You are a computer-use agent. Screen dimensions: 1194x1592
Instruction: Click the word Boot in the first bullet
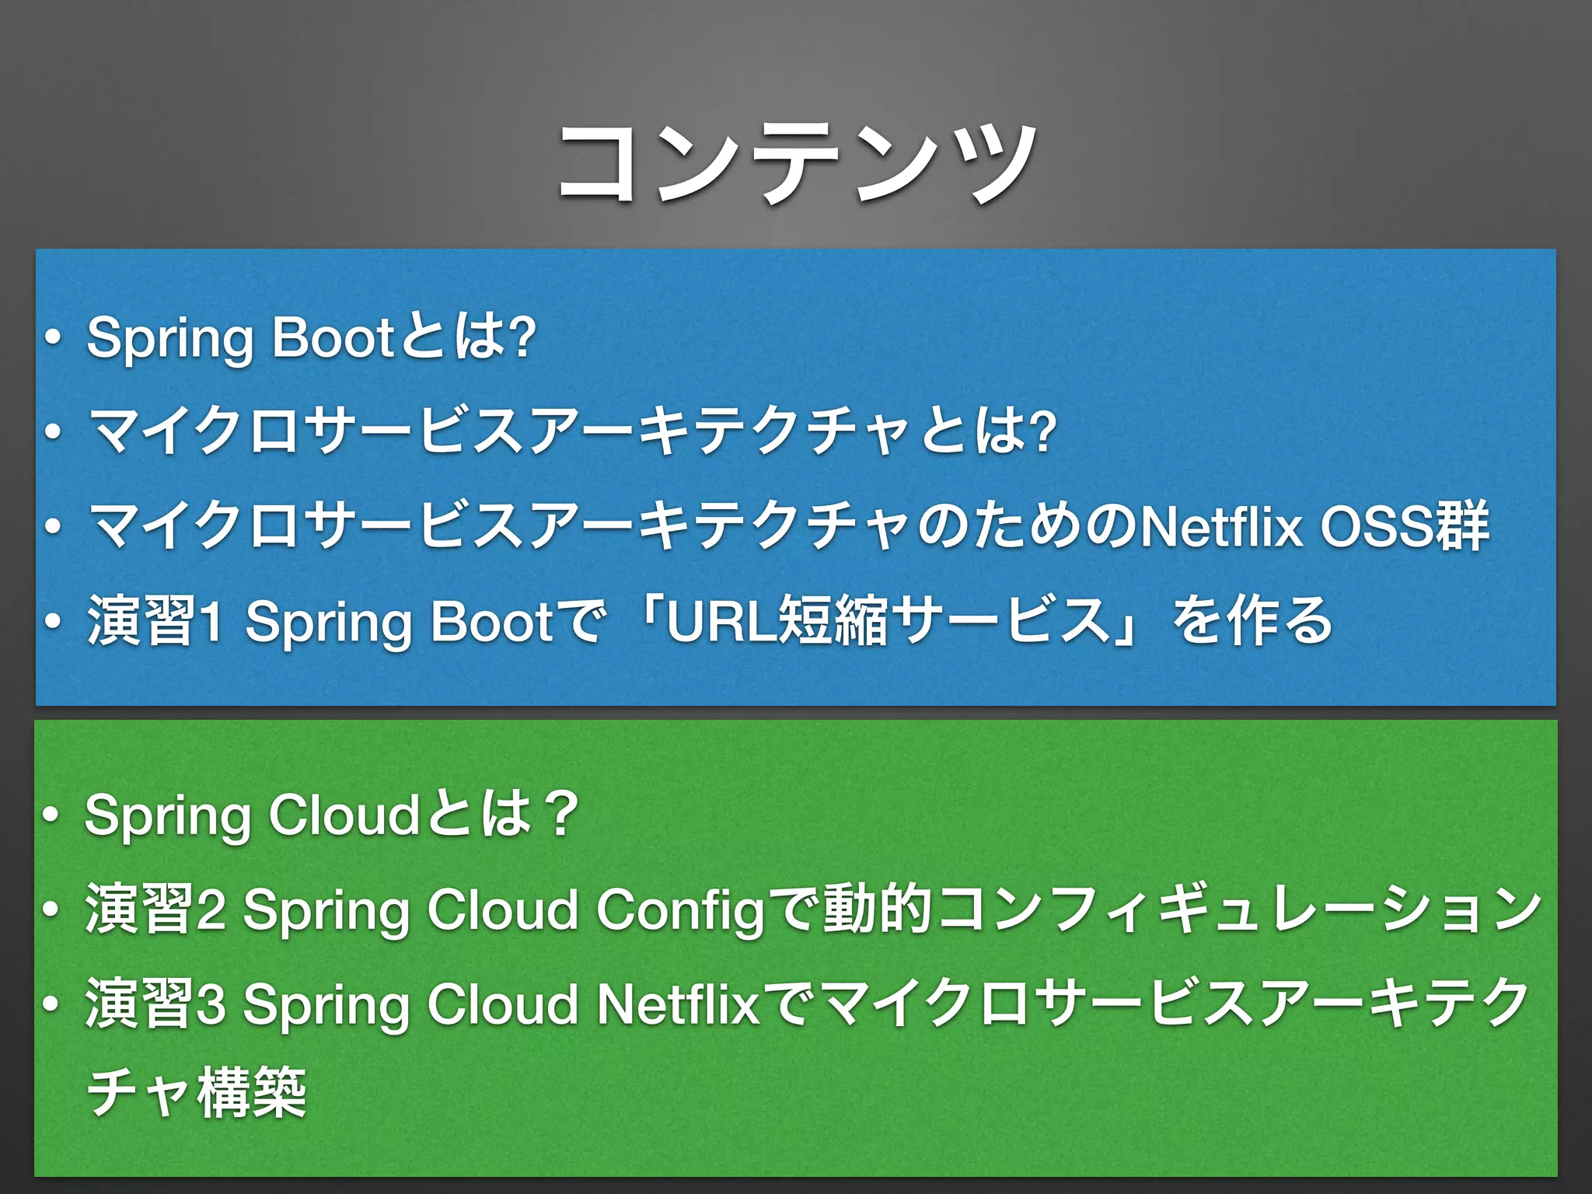(334, 338)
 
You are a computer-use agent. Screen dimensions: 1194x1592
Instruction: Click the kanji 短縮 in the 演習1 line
(831, 621)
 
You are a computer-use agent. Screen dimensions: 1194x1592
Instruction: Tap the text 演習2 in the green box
(155, 910)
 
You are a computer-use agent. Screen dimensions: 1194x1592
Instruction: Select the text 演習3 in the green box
(155, 1004)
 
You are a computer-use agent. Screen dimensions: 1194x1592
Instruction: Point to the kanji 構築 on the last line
(253, 1092)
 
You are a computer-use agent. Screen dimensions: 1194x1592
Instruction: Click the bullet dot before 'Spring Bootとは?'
(52, 339)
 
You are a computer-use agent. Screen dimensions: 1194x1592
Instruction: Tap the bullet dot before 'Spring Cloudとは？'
(52, 816)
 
